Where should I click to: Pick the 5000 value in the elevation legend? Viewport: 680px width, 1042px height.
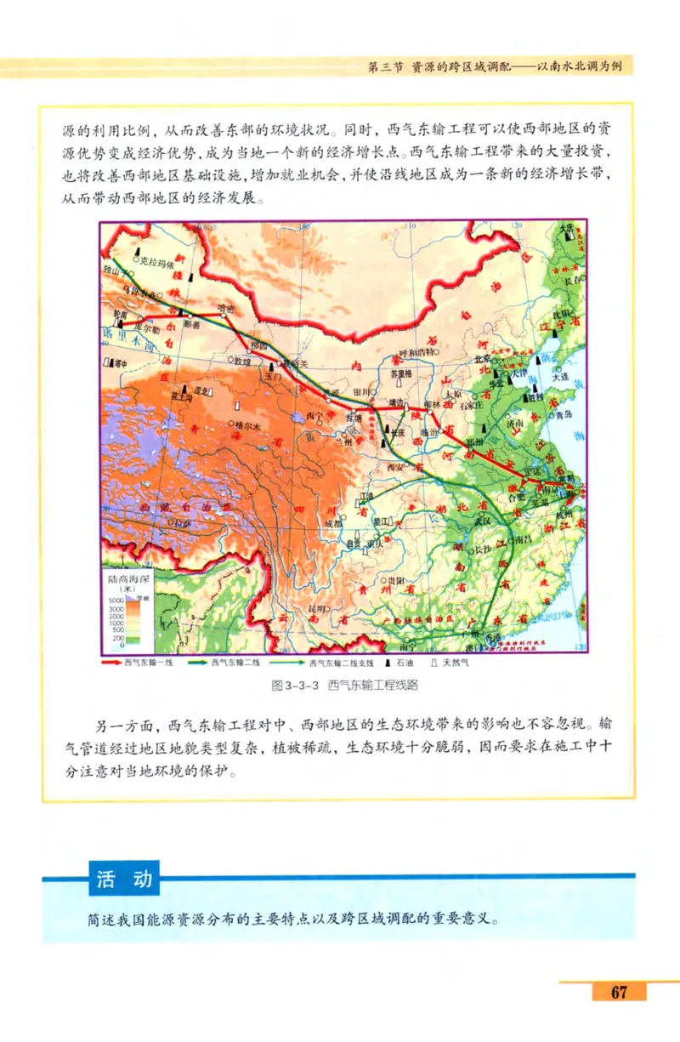tap(117, 601)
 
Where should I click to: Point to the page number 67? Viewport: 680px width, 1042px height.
tap(618, 992)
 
